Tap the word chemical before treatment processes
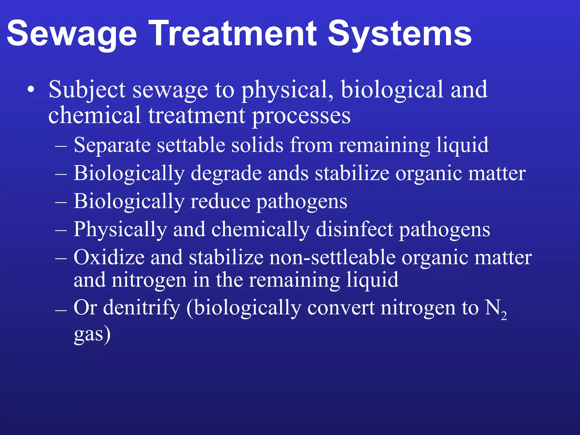95,115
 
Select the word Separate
112,145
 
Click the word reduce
220,201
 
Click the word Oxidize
109,257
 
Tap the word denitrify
142,308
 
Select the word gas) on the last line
92,334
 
